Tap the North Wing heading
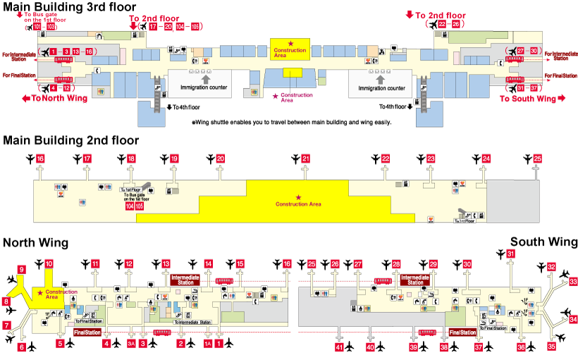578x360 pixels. pyautogui.click(x=35, y=243)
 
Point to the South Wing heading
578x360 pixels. pyautogui.click(x=544, y=242)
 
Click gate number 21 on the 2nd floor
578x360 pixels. pyautogui.click(x=305, y=159)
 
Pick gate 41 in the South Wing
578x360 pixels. pyautogui.click(x=340, y=347)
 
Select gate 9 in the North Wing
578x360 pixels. pyautogui.click(x=22, y=269)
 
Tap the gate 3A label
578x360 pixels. pyautogui.click(x=130, y=344)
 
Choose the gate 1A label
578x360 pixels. pyautogui.click(x=207, y=344)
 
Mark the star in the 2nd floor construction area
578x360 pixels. pyautogui.click(x=299, y=197)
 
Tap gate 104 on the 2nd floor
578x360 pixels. pyautogui.click(x=129, y=206)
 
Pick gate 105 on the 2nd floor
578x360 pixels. pyautogui.click(x=139, y=206)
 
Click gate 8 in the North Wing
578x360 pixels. pyautogui.click(x=6, y=302)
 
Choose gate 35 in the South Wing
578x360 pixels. pyautogui.click(x=552, y=346)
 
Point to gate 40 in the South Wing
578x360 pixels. pyautogui.click(x=370, y=347)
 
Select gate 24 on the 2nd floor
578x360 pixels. pyautogui.click(x=486, y=159)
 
